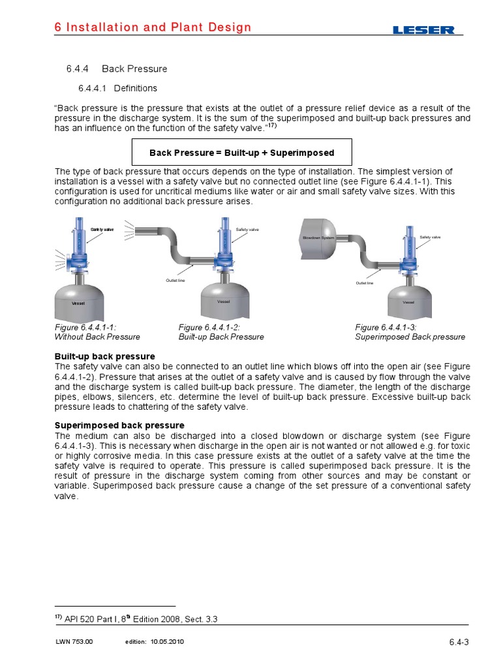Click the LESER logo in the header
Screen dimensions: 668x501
click(x=424, y=30)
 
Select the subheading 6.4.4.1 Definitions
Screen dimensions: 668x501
click(x=117, y=88)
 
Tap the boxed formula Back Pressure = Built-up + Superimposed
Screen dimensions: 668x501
click(x=241, y=153)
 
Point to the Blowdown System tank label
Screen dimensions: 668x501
click(x=318, y=238)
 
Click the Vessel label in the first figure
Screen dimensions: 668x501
click(x=78, y=304)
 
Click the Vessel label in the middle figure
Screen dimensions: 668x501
click(x=224, y=301)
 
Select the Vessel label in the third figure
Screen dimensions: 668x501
click(x=409, y=302)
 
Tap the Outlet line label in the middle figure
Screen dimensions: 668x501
click(x=177, y=280)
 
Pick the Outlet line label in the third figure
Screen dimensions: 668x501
click(x=365, y=283)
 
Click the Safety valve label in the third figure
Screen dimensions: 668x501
click(x=430, y=237)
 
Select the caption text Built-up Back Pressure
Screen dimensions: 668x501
click(x=221, y=337)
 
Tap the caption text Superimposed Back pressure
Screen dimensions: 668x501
click(x=410, y=337)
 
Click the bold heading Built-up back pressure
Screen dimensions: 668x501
click(x=105, y=356)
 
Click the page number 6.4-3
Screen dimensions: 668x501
click(x=459, y=642)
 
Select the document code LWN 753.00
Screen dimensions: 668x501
click(x=74, y=642)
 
